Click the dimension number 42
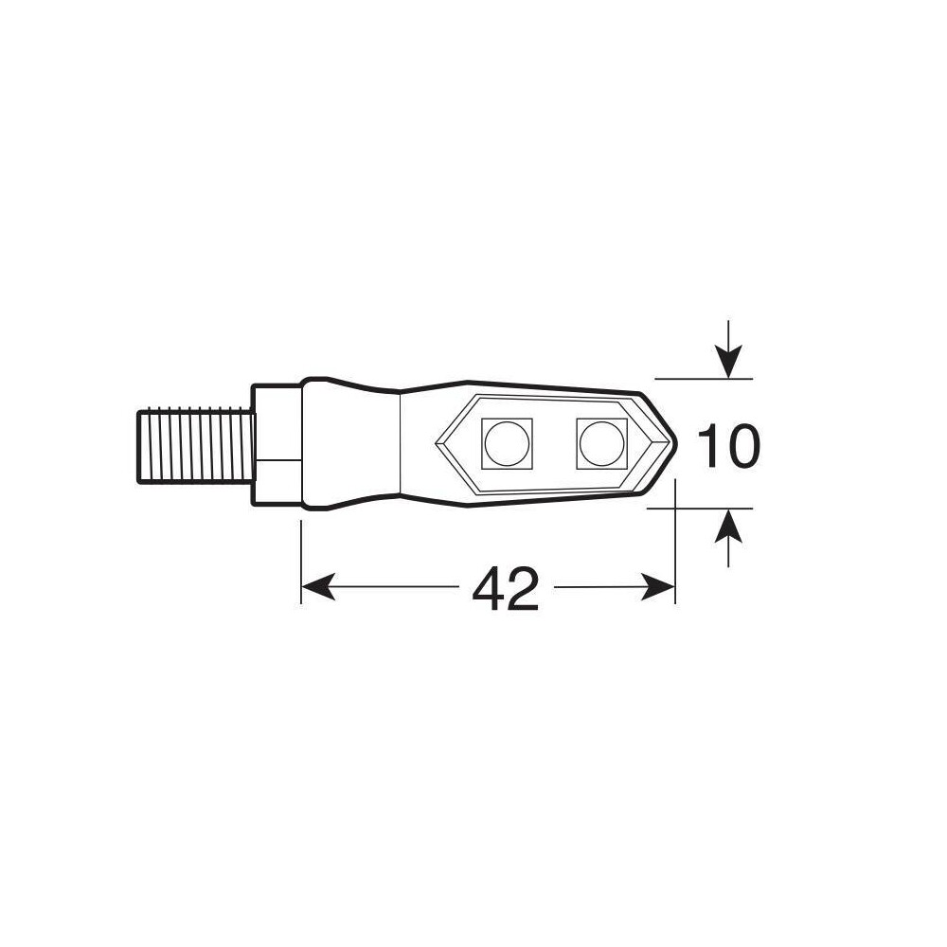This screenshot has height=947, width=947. pos(505,589)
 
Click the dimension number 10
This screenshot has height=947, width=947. pos(727,446)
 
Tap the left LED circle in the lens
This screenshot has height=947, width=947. pos(507,443)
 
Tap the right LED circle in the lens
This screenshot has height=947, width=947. pos(601,443)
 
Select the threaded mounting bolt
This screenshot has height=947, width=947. pos(194,447)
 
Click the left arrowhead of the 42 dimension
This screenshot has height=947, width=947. pos(317,586)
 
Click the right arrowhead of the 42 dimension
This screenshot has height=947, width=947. pos(658,586)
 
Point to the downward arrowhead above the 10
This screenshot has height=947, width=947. pos(728,362)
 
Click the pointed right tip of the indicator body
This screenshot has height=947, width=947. pos(676,444)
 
